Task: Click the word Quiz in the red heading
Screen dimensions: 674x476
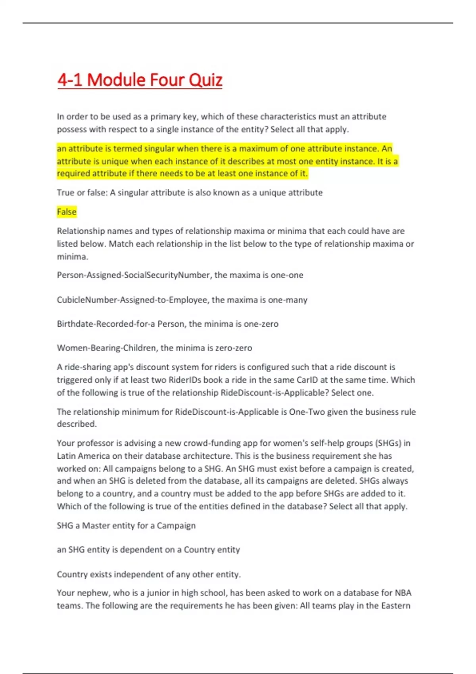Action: [x=205, y=80]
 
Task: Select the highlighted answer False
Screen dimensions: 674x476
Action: [x=67, y=212]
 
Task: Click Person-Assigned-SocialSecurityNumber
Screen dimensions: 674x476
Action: [x=134, y=275]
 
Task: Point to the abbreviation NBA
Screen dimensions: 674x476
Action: [x=403, y=593]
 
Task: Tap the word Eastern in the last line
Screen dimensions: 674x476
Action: [x=395, y=606]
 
